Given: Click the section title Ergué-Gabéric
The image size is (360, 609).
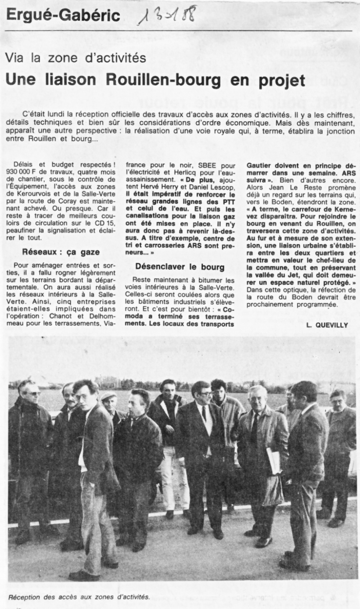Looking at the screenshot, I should (63, 16).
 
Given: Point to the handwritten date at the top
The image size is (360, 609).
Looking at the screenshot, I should (167, 16).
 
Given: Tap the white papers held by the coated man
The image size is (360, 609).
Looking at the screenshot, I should (274, 460).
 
